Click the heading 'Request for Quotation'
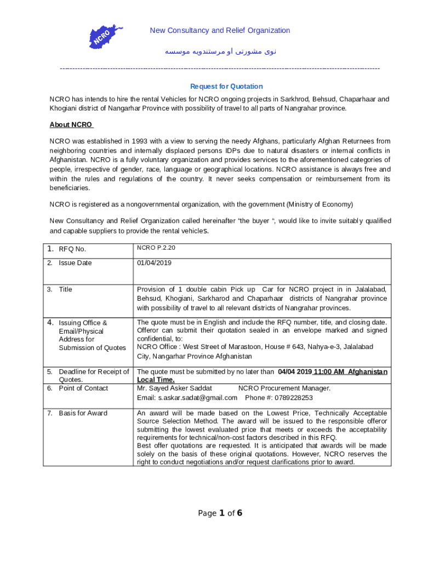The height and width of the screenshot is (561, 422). pos(226,87)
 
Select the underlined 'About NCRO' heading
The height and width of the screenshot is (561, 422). pos(71,125)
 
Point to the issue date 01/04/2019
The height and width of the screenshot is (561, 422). pos(154,263)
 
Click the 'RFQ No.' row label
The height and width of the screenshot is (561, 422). pos(72,249)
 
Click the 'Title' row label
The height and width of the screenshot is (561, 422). pos(65,289)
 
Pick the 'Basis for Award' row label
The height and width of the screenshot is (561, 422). pos(83,413)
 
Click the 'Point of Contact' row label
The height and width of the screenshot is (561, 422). pos(83,388)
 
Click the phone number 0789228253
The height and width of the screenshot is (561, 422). pos(293,398)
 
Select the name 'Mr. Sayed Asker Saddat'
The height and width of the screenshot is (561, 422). pos(174,388)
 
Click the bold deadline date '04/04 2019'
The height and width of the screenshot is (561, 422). pos(294,372)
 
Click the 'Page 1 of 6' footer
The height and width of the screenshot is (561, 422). pos(220,513)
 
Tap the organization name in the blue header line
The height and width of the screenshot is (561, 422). pos(220,31)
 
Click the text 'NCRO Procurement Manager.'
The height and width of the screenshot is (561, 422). pos(284,388)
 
